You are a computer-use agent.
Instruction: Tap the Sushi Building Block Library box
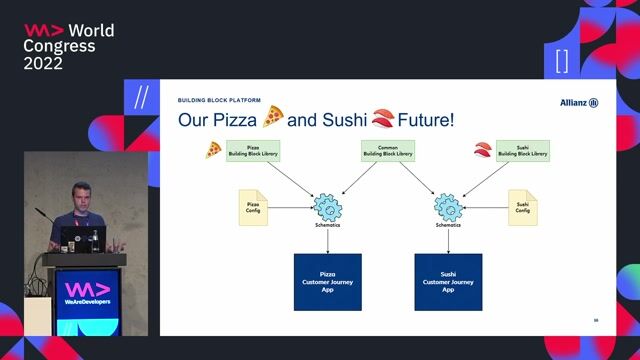pyautogui.click(x=523, y=151)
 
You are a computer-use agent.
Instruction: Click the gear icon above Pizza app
pyautogui.click(x=327, y=207)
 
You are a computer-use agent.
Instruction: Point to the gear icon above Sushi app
pyautogui.click(x=448, y=207)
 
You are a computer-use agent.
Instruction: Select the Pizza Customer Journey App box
pyautogui.click(x=327, y=281)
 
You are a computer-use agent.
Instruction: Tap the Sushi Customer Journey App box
pyautogui.click(x=448, y=281)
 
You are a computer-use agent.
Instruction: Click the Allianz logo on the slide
pyautogui.click(x=579, y=103)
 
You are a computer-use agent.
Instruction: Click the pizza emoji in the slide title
pyautogui.click(x=273, y=118)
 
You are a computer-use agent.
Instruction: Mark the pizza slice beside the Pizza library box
pyautogui.click(x=213, y=150)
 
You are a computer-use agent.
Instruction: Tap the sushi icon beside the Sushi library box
pyautogui.click(x=483, y=150)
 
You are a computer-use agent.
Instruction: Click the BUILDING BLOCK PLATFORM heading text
pyautogui.click(x=219, y=100)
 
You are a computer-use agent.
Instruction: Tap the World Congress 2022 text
pyautogui.click(x=69, y=46)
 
